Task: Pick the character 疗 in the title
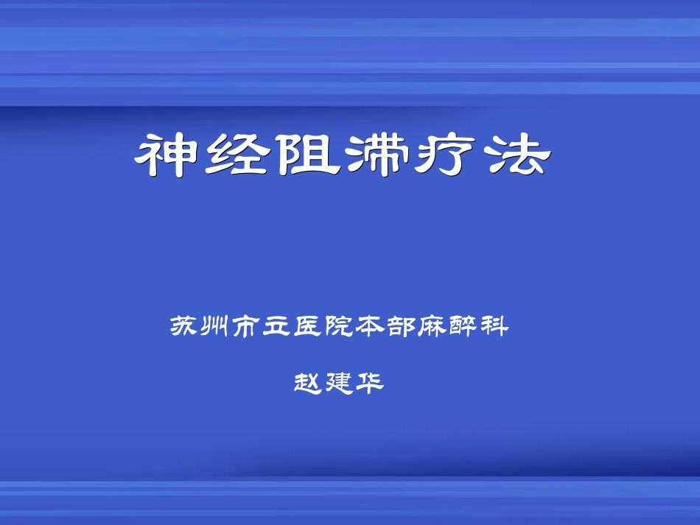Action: coord(447,155)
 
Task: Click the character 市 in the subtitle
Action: coord(249,325)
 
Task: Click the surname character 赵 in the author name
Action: coord(309,382)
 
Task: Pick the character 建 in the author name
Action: coord(340,382)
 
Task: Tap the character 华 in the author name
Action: coord(371,382)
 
